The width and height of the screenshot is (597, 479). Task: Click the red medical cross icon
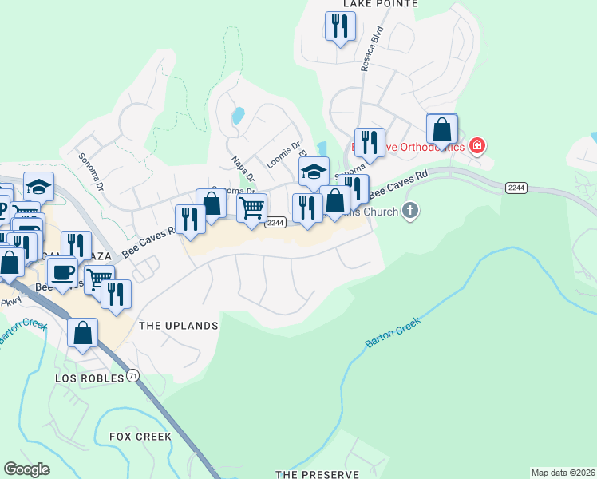click(x=477, y=146)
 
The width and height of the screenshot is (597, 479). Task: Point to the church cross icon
click(x=409, y=211)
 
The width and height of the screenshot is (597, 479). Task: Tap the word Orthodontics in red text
click(x=433, y=147)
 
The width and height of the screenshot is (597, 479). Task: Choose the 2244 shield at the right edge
click(x=515, y=187)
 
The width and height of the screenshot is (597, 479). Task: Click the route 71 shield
click(x=132, y=374)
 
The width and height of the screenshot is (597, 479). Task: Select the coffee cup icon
click(x=62, y=271)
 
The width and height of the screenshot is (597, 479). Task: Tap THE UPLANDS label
click(x=178, y=326)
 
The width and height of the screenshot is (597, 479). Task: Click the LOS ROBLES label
click(x=90, y=378)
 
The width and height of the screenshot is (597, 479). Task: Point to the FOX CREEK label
click(x=140, y=437)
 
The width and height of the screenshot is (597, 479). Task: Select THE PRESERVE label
click(x=317, y=474)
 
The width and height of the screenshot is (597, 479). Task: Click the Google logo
click(x=27, y=469)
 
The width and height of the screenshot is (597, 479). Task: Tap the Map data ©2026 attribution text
click(x=562, y=473)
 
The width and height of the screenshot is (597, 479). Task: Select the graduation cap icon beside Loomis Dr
click(x=314, y=171)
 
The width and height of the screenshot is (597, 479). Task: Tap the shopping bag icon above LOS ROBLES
click(x=83, y=333)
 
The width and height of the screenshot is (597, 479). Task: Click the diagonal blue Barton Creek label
click(x=392, y=330)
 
